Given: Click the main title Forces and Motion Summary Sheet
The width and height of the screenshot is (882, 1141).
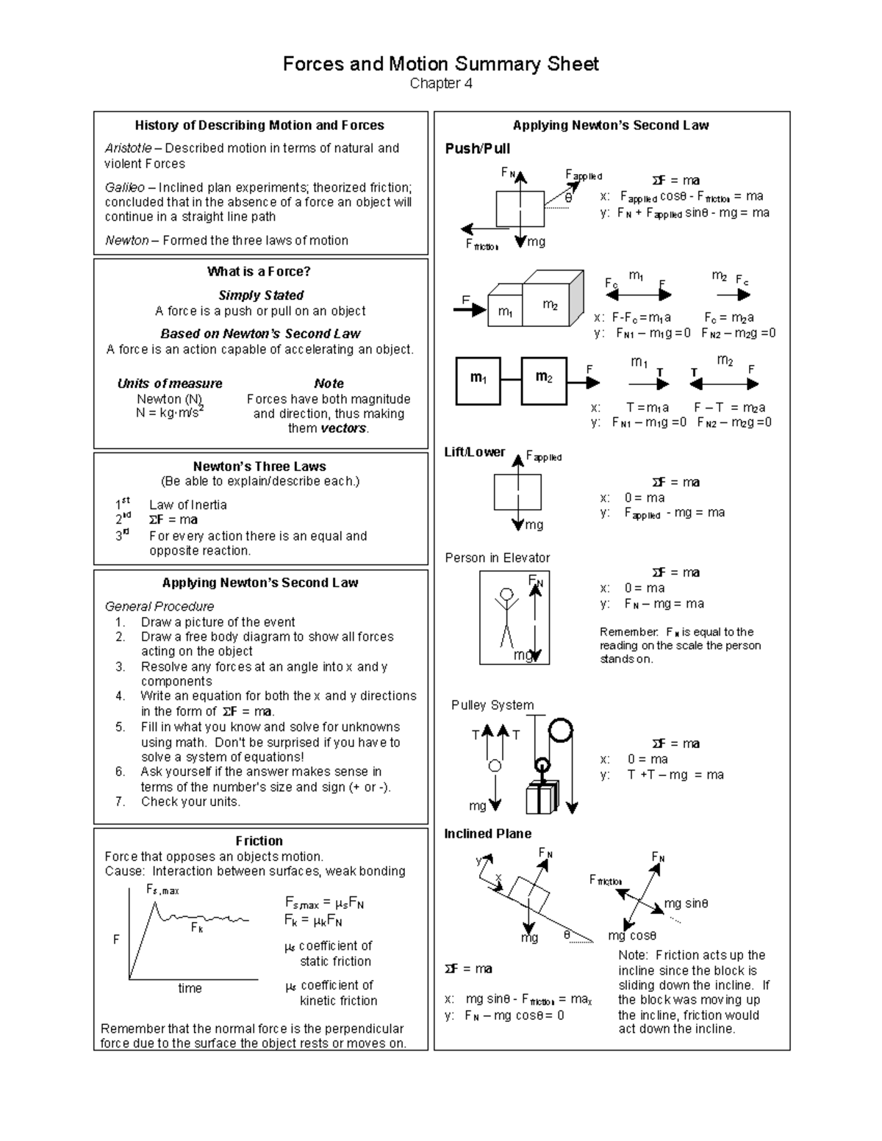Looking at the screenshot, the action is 440,64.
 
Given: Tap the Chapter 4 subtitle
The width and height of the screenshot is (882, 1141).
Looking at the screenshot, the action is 440,84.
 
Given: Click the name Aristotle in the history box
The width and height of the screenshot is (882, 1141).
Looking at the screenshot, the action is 128,148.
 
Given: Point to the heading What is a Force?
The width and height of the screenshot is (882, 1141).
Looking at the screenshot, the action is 259,272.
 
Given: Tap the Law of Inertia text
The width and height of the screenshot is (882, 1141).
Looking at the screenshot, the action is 187,505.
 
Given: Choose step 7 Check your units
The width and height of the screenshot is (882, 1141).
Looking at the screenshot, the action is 190,802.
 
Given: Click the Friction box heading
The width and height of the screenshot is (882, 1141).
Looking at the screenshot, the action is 259,841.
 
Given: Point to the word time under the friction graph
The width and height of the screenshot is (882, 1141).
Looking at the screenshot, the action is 190,989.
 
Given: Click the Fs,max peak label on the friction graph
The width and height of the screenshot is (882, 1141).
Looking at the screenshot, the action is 162,890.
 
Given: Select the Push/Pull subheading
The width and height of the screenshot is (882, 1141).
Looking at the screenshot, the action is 477,148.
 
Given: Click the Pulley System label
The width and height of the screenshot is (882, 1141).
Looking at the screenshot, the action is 492,705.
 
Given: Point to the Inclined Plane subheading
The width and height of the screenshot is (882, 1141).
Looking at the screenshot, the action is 487,833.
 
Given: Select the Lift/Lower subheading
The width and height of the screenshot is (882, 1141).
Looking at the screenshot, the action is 474,452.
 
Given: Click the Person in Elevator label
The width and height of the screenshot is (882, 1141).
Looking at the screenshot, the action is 497,558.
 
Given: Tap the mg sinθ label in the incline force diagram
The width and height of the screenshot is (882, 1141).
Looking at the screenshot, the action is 686,904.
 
